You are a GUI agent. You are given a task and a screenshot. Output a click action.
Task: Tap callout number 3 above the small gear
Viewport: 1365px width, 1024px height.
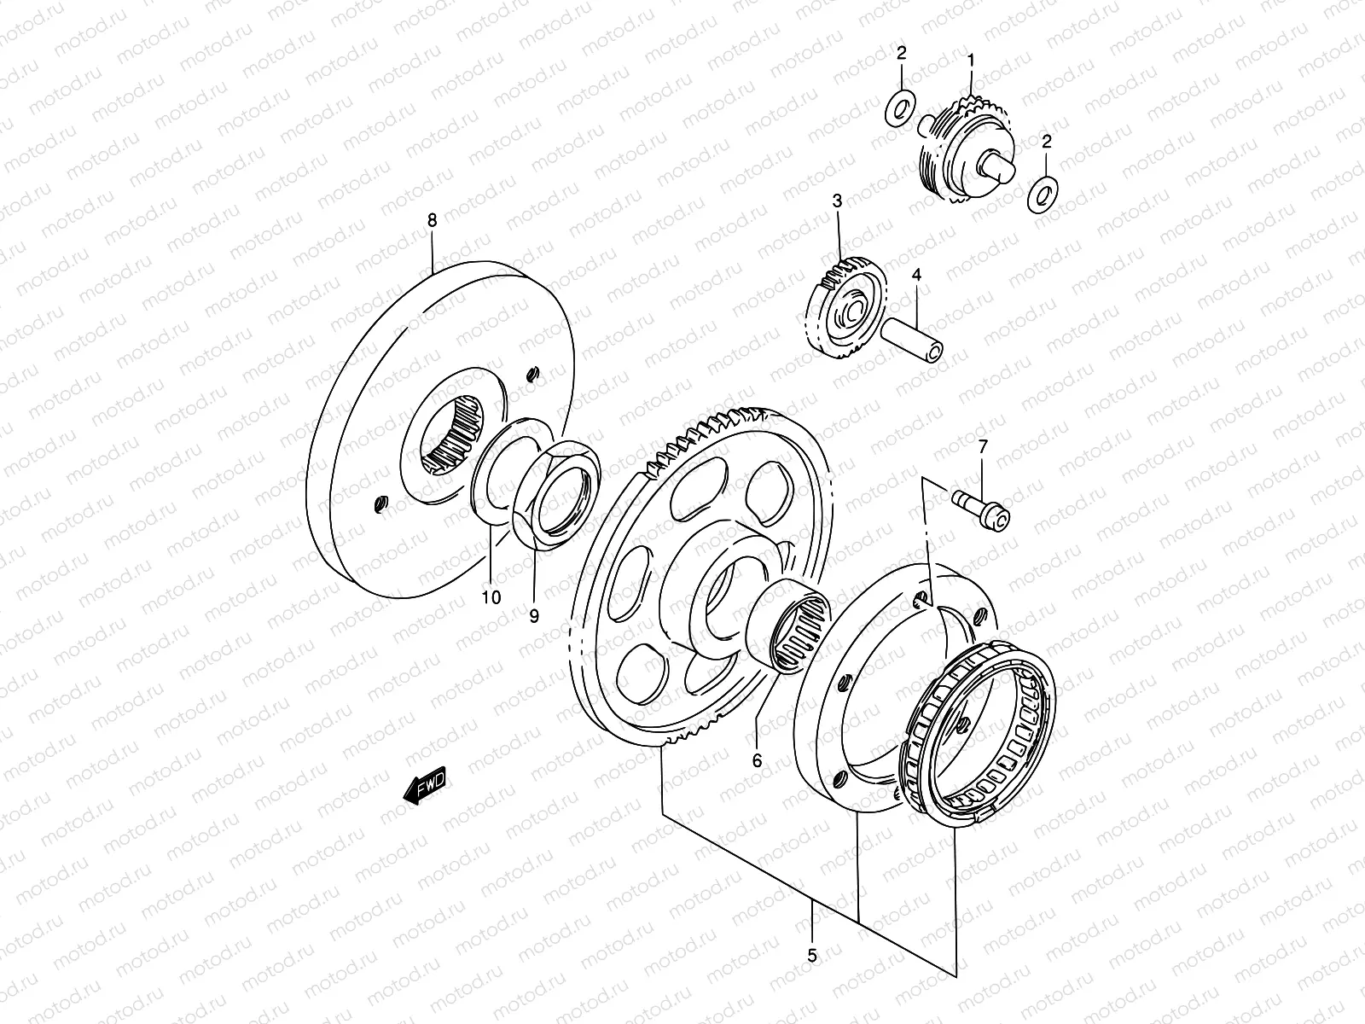click(837, 201)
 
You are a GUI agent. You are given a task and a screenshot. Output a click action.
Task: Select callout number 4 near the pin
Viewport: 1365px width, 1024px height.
click(916, 275)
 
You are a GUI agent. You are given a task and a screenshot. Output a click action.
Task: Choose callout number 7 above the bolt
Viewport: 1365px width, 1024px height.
click(982, 445)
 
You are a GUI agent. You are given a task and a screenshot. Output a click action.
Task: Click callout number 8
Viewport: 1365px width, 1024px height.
click(432, 220)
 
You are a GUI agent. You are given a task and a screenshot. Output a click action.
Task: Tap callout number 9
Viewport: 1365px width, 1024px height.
click(534, 615)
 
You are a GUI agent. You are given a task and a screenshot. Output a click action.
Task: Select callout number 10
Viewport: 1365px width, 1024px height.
click(491, 597)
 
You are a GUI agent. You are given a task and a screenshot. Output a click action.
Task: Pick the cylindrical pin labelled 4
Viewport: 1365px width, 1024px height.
click(912, 338)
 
